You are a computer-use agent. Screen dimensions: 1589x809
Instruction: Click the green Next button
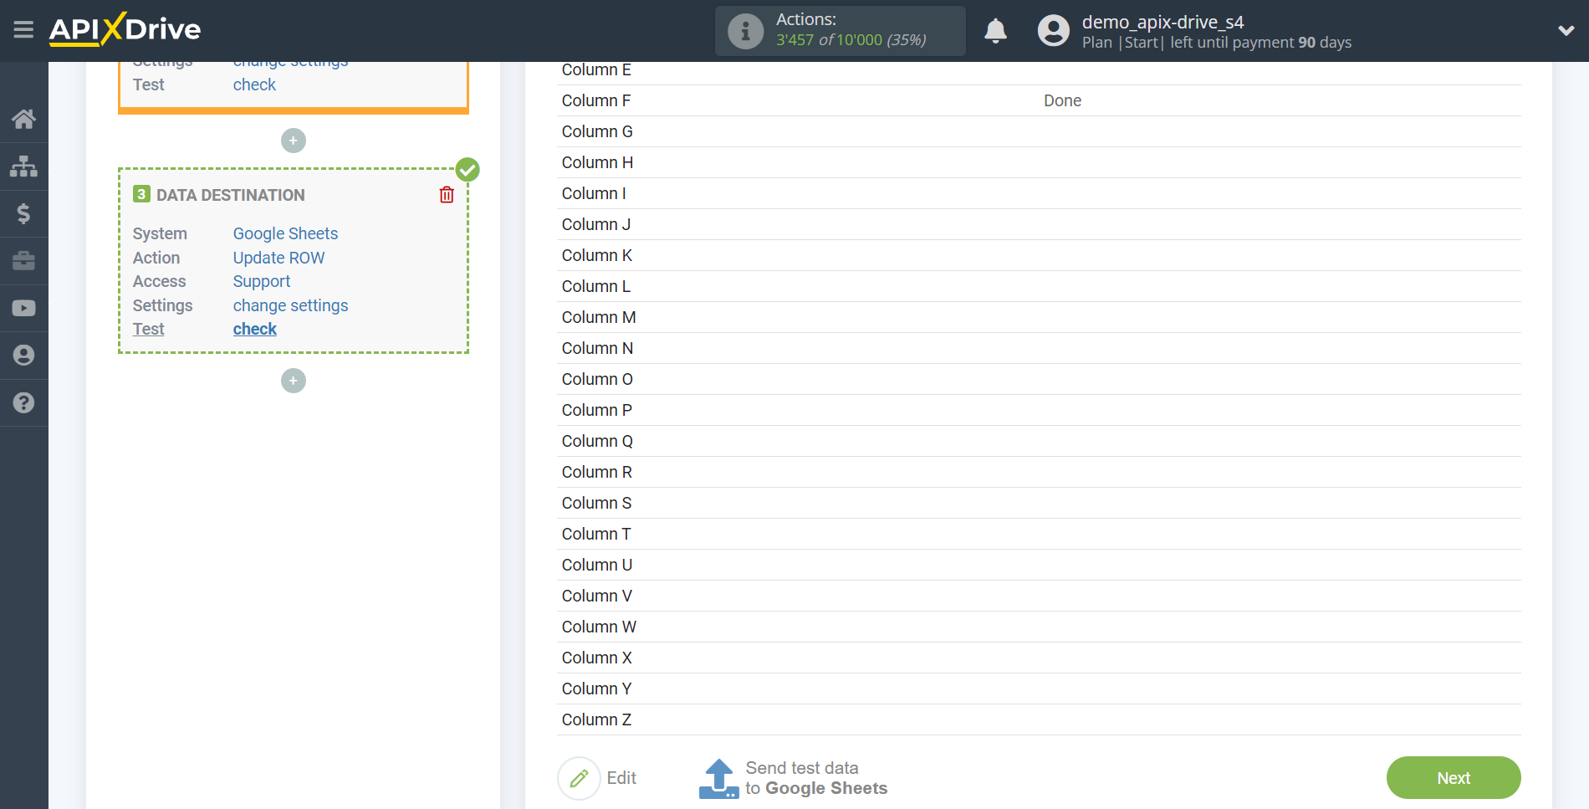[1453, 777]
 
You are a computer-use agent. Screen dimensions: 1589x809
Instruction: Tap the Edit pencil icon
[579, 778]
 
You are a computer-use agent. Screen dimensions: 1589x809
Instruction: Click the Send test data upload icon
[718, 779]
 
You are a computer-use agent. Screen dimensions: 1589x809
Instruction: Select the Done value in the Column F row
[1062, 100]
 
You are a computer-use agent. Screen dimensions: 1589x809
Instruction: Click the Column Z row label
[596, 719]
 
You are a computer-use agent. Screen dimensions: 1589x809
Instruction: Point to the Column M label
[599, 317]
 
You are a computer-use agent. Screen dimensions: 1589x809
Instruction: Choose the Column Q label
[597, 441]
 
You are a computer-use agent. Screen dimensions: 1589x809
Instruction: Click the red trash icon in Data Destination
[447, 195]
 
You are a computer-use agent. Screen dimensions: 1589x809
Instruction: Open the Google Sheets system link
[285, 233]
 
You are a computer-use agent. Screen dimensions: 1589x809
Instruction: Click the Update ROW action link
[278, 258]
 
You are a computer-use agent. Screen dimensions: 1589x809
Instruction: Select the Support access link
[262, 281]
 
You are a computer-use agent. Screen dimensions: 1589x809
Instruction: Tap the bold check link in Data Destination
[254, 329]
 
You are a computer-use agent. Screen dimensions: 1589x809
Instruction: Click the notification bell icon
[995, 31]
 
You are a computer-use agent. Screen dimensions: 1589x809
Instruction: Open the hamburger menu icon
[23, 30]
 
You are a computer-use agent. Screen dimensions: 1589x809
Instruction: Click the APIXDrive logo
[125, 29]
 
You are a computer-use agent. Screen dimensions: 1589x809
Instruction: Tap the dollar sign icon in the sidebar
[23, 213]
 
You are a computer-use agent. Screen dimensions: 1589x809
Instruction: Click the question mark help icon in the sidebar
[23, 402]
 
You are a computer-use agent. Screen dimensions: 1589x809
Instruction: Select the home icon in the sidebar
[23, 119]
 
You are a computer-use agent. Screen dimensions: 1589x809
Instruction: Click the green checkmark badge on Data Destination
[468, 170]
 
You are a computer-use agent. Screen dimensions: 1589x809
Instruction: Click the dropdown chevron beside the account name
[1566, 31]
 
